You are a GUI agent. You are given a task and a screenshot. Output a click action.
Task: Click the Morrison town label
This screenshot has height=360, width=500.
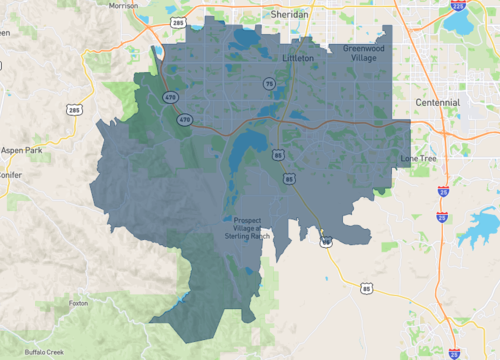123,5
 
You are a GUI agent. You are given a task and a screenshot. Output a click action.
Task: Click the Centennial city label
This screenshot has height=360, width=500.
438,102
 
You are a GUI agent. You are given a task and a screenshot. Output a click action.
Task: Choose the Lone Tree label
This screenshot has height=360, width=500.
419,158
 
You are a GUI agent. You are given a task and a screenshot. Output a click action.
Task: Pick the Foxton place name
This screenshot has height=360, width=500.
79,302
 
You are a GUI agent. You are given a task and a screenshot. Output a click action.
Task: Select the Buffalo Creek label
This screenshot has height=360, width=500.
45,352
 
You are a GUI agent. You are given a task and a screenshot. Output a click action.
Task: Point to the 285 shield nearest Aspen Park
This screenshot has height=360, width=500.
74,108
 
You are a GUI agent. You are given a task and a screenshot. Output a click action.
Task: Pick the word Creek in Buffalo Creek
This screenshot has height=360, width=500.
56,352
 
